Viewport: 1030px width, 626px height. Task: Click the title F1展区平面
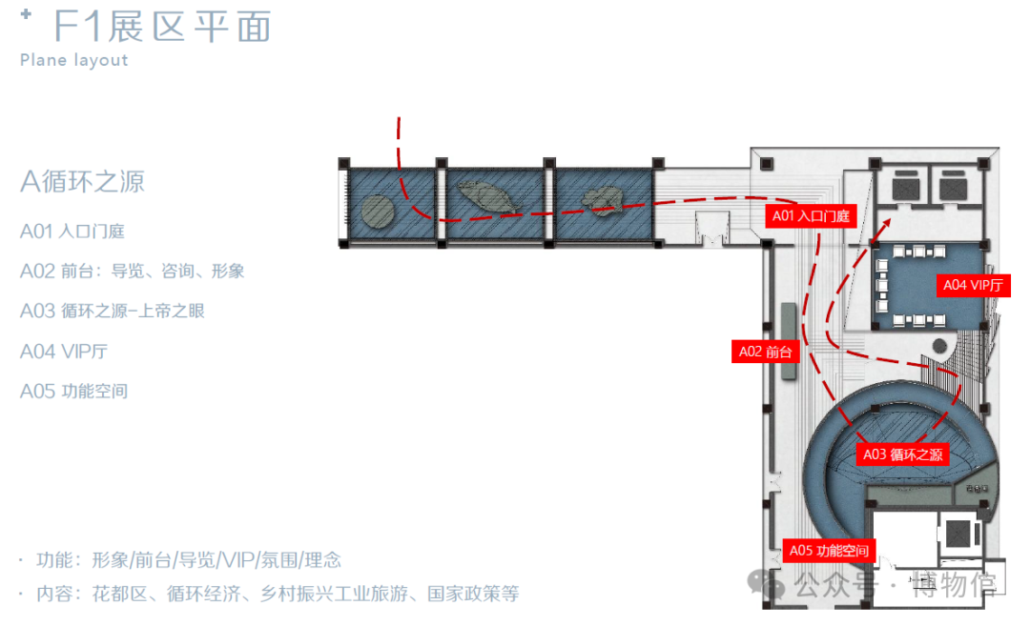pyautogui.click(x=162, y=27)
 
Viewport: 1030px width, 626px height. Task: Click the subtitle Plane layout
pyautogui.click(x=73, y=60)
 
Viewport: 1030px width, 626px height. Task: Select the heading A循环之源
pyautogui.click(x=82, y=181)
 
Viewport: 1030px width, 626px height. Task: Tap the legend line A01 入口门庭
pyautogui.click(x=72, y=231)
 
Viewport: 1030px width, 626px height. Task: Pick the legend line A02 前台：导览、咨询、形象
pyautogui.click(x=132, y=271)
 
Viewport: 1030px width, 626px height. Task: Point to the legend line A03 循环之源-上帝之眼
pyautogui.click(x=112, y=311)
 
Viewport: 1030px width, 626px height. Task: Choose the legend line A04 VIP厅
pyautogui.click(x=63, y=351)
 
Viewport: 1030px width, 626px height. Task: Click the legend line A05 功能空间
pyautogui.click(x=73, y=391)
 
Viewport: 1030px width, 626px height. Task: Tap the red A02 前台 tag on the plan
pyautogui.click(x=765, y=352)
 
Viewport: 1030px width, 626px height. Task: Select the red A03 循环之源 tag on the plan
pyautogui.click(x=902, y=454)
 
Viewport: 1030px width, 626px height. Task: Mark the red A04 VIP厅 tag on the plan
pyautogui.click(x=973, y=285)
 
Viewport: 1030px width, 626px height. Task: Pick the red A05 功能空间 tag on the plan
pyautogui.click(x=829, y=551)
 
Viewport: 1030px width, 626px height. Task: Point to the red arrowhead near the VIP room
pyautogui.click(x=888, y=221)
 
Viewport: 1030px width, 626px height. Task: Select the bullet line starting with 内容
pyautogui.click(x=277, y=594)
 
